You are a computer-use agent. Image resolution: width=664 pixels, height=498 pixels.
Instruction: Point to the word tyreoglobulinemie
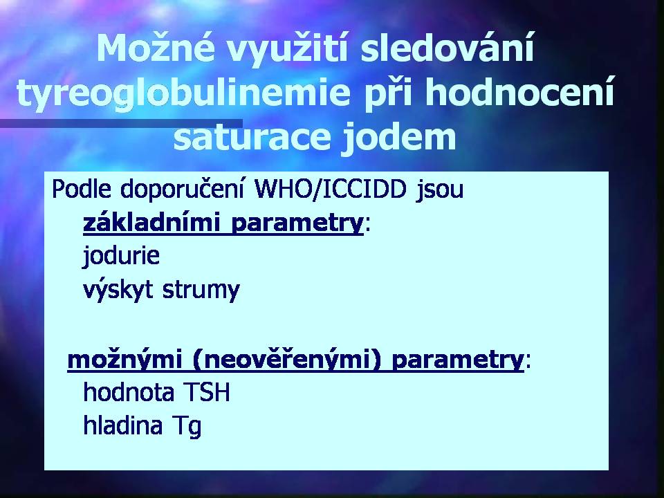183,94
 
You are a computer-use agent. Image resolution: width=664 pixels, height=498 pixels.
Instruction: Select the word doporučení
182,189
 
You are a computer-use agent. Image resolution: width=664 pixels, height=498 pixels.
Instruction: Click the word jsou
439,191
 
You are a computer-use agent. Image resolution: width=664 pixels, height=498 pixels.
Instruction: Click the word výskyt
118,290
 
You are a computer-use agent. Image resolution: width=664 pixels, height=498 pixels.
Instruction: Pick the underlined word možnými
125,360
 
